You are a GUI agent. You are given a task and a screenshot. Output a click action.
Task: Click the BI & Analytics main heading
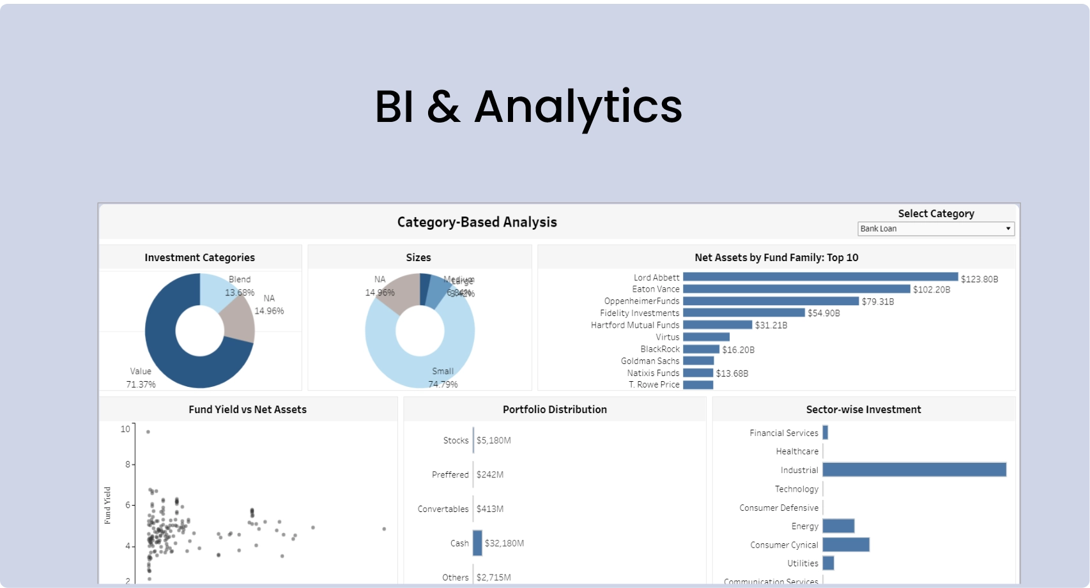[x=528, y=107]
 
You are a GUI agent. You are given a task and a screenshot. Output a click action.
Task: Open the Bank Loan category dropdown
[x=935, y=229]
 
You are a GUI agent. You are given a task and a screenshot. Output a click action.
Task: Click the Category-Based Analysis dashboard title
[x=477, y=222]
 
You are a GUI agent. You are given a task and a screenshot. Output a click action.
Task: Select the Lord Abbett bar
[x=820, y=277]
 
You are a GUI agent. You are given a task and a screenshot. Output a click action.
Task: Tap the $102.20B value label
[x=931, y=290]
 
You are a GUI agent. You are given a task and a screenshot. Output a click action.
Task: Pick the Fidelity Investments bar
[x=743, y=313]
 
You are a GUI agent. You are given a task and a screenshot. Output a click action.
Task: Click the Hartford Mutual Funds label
[x=634, y=325]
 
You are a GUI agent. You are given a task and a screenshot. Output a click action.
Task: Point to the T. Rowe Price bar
[x=698, y=385]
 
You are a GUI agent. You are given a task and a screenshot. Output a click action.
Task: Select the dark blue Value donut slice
[x=166, y=358]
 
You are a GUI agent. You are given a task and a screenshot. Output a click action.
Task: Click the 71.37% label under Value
[x=141, y=384]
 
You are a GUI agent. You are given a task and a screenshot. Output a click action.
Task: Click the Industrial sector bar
[x=914, y=470]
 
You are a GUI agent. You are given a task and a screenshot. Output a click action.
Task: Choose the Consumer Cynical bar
[x=845, y=545]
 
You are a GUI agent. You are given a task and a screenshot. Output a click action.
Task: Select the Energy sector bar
[x=838, y=526]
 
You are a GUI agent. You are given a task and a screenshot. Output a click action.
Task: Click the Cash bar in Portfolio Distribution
[x=477, y=543]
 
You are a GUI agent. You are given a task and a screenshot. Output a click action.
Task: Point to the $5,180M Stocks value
[x=493, y=441]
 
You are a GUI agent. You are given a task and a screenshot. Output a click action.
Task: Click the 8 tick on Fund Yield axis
[x=128, y=464]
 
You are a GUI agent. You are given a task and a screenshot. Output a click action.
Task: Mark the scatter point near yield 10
[x=148, y=432]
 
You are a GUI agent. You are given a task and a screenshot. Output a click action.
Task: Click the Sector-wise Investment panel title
[x=863, y=410]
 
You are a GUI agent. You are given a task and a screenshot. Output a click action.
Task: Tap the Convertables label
[x=443, y=509]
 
